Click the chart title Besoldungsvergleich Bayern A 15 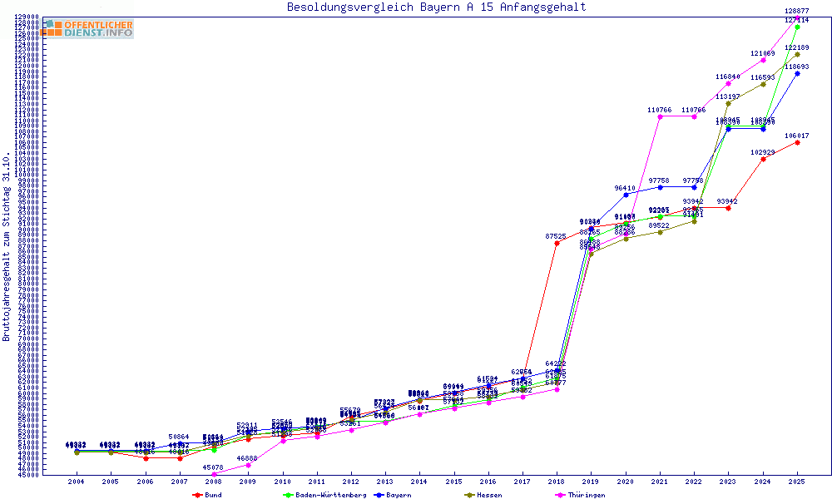tap(436, 7)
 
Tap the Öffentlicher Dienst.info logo tap(87, 28)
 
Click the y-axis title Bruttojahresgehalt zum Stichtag tap(7, 247)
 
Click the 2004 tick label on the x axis tap(76, 482)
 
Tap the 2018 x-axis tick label tap(557, 482)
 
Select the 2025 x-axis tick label tap(797, 482)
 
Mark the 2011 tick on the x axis tap(316, 482)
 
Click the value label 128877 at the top tap(797, 11)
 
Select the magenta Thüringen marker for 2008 tap(214, 474)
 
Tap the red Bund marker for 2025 tap(797, 142)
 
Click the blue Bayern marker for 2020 tap(626, 195)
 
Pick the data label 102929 tap(763, 152)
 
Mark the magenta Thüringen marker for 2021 tap(660, 116)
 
